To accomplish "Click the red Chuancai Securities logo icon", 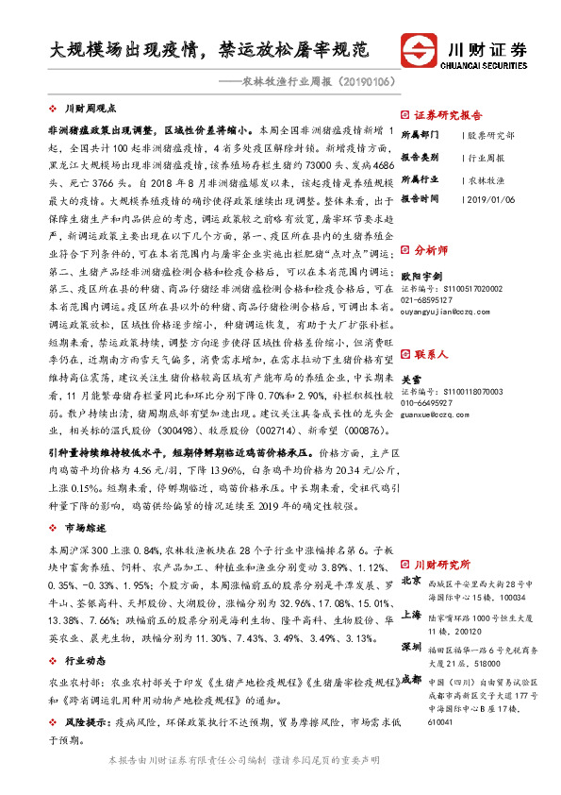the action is (420, 50).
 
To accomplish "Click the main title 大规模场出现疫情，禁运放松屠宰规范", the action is (208, 48).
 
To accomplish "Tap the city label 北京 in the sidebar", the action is (410, 581).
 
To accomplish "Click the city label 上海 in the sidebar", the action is (410, 614).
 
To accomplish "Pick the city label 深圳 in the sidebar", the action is (410, 647).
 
